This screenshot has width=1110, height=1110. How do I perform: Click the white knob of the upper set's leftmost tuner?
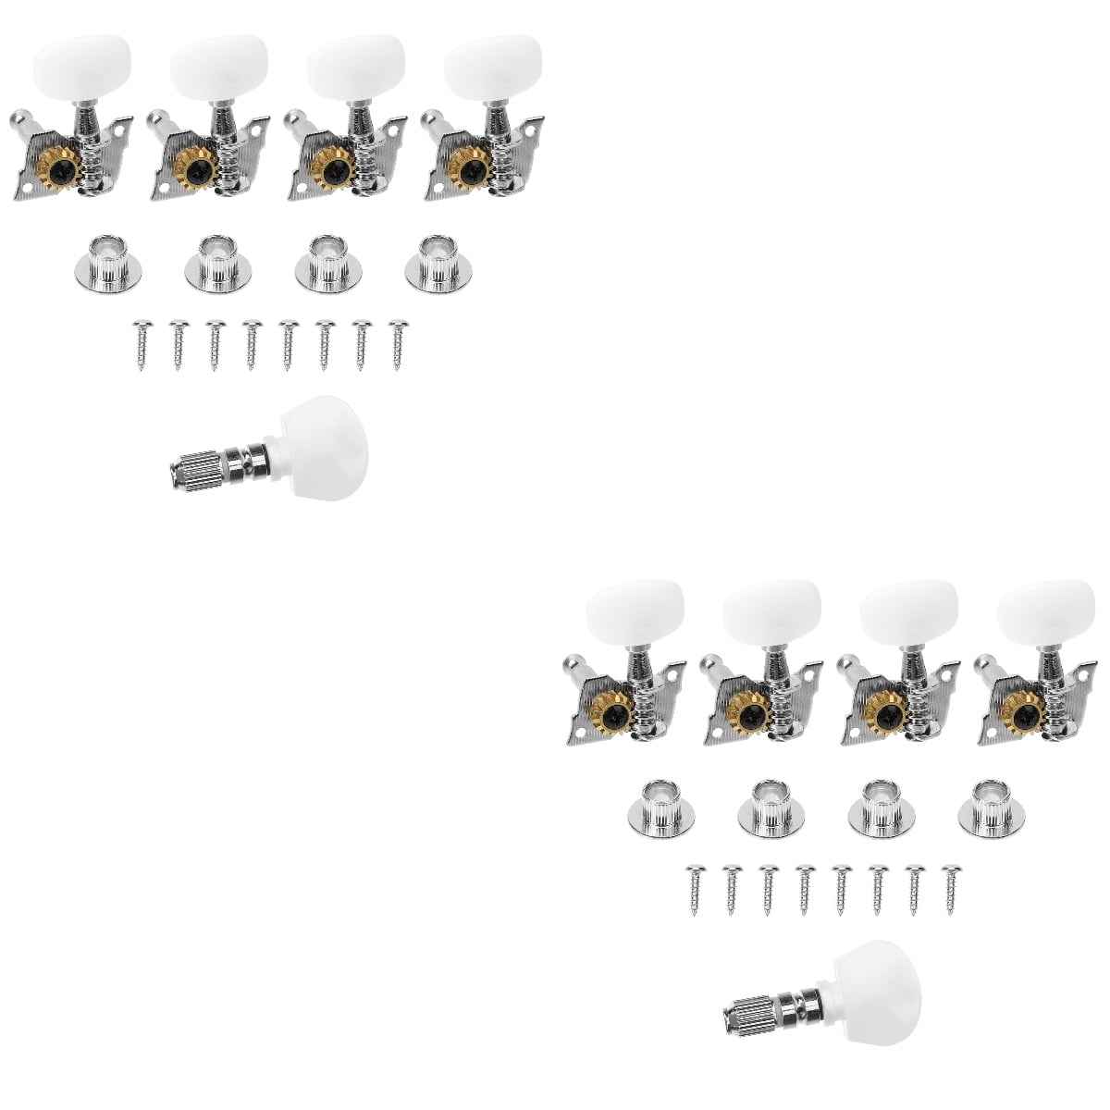pos(83,59)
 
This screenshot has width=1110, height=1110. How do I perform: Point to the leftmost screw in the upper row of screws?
pos(142,343)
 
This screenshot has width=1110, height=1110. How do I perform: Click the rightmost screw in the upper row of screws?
pos(398,343)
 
